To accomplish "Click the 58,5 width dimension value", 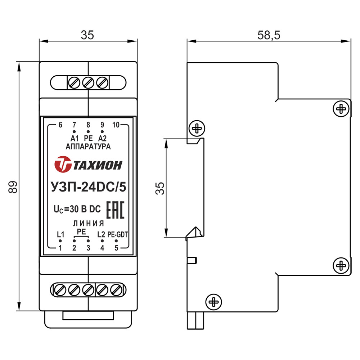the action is (269, 35).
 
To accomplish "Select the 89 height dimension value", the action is (13, 187).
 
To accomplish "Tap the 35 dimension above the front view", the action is (87, 35).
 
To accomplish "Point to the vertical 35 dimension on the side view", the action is (160, 189).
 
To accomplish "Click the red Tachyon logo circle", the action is (63, 164).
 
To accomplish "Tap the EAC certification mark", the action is (115, 210).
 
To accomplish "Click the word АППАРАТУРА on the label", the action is (88, 147).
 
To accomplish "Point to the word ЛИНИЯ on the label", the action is (89, 224).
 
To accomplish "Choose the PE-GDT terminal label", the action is (118, 235).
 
